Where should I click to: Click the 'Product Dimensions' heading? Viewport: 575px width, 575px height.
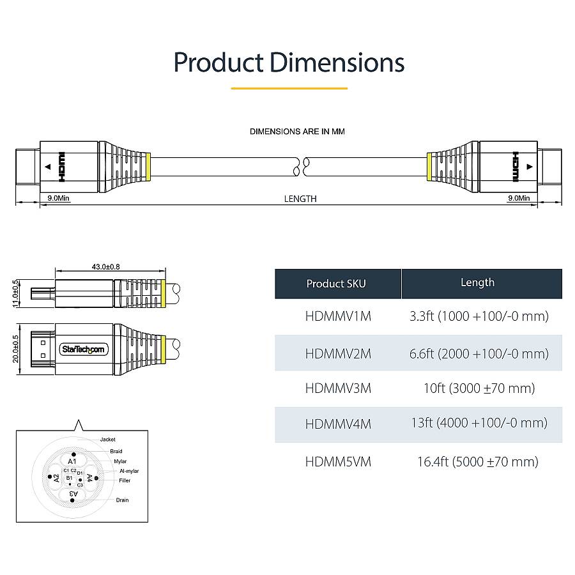point(289,63)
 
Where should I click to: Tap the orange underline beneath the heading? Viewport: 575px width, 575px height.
point(289,88)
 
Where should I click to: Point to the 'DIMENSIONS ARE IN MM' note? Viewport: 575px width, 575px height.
point(297,132)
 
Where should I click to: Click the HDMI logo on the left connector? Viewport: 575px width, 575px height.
point(61,166)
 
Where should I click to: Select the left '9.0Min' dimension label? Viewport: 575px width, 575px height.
point(57,198)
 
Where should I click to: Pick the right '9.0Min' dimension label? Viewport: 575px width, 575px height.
point(518,198)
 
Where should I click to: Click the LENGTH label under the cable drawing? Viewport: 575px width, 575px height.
point(300,199)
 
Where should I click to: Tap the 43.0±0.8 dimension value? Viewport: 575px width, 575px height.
point(106,266)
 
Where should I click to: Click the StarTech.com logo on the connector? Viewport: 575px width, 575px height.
point(84,349)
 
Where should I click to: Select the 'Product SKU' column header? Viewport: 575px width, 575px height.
point(336,284)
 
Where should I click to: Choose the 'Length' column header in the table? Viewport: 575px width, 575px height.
point(477,282)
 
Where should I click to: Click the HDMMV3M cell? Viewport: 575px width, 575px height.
point(338,388)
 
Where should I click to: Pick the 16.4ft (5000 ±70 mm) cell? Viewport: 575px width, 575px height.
point(477,461)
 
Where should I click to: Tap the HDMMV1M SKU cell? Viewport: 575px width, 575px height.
point(338,316)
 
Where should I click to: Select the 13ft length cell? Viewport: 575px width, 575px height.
point(479,423)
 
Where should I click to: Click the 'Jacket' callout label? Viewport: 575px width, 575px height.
point(108,440)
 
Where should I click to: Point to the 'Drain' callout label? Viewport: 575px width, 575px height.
point(122,500)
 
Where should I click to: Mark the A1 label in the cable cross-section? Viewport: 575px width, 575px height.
point(72,461)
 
